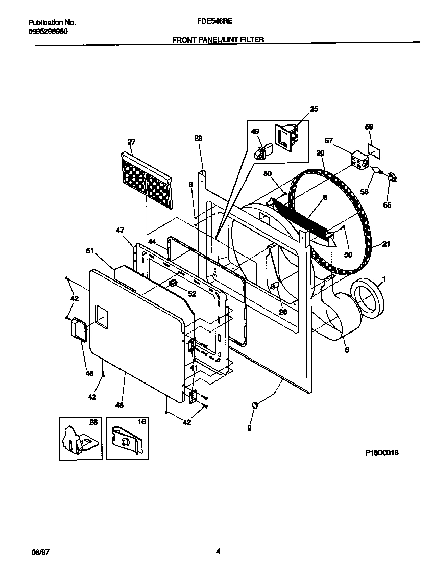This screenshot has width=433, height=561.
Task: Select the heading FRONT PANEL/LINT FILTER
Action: tap(218, 39)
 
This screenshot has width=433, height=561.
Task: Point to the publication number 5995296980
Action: tap(47, 31)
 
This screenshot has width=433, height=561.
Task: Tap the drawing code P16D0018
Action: tap(381, 452)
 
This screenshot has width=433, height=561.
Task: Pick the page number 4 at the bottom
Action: tap(218, 551)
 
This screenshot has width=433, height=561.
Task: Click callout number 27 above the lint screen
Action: tap(131, 142)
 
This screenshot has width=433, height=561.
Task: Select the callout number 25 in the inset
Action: tap(314, 109)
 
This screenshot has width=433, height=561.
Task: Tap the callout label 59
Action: tap(369, 126)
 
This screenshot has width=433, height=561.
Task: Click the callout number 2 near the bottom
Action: tap(249, 428)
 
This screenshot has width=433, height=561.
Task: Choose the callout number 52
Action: tap(192, 294)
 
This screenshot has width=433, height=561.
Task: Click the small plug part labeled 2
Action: tap(256, 405)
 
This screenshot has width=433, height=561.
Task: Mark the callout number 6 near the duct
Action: tap(346, 350)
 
